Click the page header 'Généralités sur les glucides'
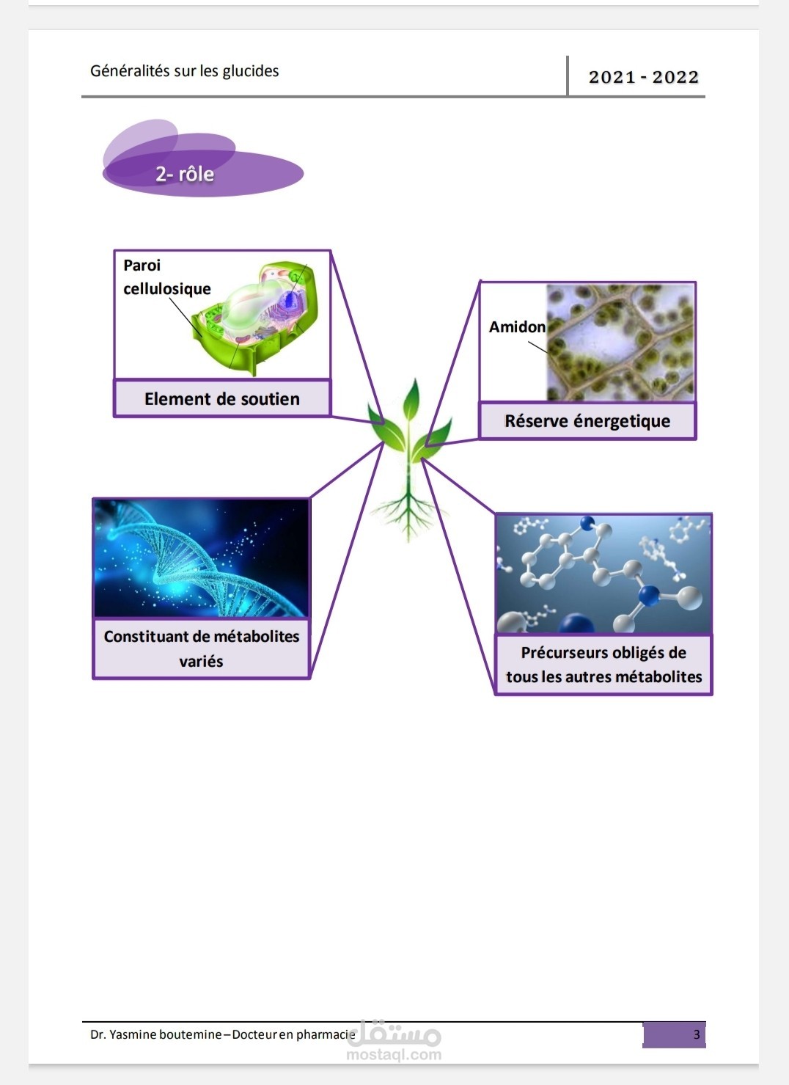[x=185, y=71]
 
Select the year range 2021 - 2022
[x=643, y=77]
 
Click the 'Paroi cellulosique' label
[x=167, y=277]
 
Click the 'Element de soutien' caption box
[x=222, y=398]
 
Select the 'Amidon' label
[x=517, y=327]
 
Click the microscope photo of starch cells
[x=621, y=343]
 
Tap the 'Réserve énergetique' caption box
[x=587, y=421]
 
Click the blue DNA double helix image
[x=201, y=558]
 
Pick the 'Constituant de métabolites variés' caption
[x=202, y=649]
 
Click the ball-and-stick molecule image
[x=603, y=574]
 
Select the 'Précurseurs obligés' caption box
[x=603, y=665]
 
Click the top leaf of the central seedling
[x=411, y=401]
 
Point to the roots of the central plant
[x=408, y=514]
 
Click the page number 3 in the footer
[x=697, y=1034]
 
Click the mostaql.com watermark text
[x=394, y=1054]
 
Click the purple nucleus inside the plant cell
[x=290, y=300]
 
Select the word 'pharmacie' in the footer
[x=326, y=1034]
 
